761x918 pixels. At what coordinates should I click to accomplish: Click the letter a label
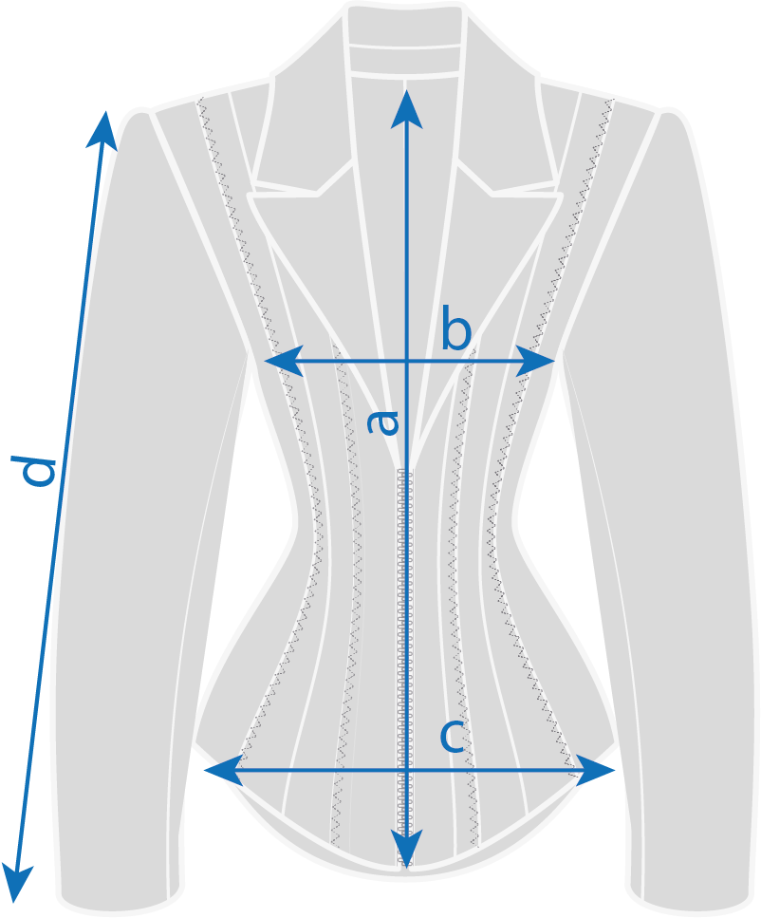click(384, 422)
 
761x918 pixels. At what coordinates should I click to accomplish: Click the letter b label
click(455, 332)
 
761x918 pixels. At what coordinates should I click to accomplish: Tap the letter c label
click(453, 737)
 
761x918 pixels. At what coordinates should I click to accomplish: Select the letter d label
click(38, 472)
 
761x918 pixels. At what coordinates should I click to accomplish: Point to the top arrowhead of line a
click(406, 104)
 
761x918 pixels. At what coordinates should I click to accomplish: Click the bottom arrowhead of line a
click(406, 851)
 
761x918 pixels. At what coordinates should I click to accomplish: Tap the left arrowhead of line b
click(280, 361)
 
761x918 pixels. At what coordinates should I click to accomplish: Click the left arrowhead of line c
click(220, 770)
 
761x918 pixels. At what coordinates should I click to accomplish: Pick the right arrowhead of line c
click(600, 770)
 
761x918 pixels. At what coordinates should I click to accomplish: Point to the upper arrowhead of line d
click(103, 127)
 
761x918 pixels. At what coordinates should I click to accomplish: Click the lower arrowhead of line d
click(16, 886)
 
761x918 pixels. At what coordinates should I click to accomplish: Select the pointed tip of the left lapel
click(251, 197)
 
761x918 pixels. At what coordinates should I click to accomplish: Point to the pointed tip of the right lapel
click(560, 197)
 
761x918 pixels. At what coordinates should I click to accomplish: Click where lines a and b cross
click(406, 361)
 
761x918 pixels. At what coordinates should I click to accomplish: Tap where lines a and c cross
click(406, 770)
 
